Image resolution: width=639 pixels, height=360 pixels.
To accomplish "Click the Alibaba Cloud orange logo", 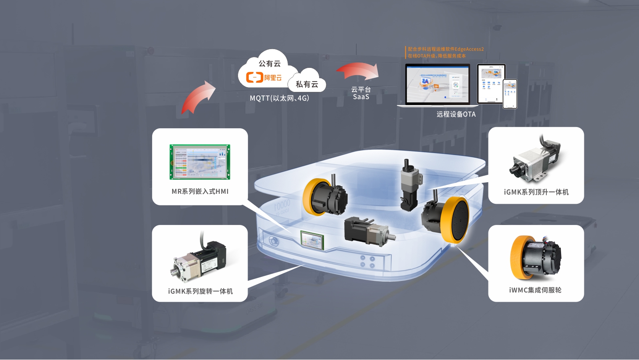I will [264, 77].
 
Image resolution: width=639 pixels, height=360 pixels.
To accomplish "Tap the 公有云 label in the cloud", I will [270, 64].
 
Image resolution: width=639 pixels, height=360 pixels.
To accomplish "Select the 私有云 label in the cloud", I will [307, 84].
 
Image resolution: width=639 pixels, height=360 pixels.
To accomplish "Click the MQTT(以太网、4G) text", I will [279, 98].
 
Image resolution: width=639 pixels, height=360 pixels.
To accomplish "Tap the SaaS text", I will [361, 97].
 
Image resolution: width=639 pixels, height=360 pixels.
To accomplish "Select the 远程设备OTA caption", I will [456, 114].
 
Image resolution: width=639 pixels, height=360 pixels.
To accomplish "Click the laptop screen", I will [437, 84].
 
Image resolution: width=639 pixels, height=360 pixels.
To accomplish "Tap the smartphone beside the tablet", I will [510, 94].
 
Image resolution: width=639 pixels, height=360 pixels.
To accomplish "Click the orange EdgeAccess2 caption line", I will [445, 49].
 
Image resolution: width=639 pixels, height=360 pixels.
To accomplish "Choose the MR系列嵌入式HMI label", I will [200, 191].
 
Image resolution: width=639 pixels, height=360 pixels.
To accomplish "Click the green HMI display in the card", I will [200, 162].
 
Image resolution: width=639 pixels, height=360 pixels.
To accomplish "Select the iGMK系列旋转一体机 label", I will [200, 291].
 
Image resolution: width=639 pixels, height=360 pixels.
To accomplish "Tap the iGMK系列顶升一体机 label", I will [536, 192].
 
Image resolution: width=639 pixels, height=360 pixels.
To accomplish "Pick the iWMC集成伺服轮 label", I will [535, 290].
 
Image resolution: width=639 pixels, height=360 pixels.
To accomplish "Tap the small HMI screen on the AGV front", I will [312, 240].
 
